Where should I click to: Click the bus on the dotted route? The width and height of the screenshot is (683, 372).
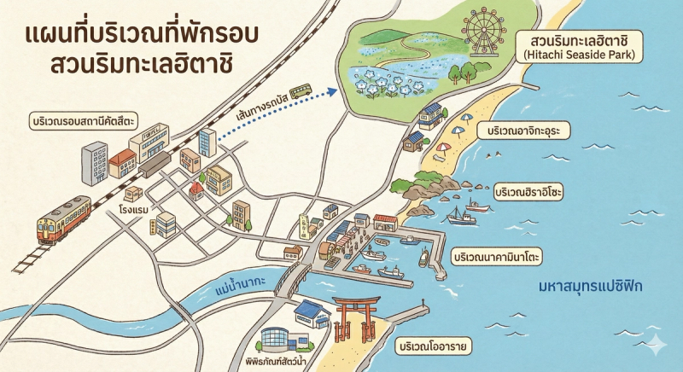pyautogui.click(x=300, y=90)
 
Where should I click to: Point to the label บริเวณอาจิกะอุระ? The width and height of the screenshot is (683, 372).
pyautogui.click(x=529, y=131)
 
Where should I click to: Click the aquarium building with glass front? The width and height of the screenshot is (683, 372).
pyautogui.click(x=282, y=339)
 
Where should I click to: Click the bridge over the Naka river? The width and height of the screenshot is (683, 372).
pyautogui.click(x=294, y=278)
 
